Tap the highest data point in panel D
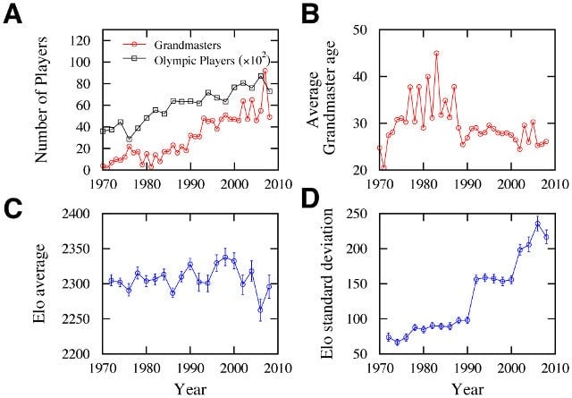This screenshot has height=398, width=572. (x=537, y=224)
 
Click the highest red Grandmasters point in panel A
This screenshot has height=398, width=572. (x=265, y=71)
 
